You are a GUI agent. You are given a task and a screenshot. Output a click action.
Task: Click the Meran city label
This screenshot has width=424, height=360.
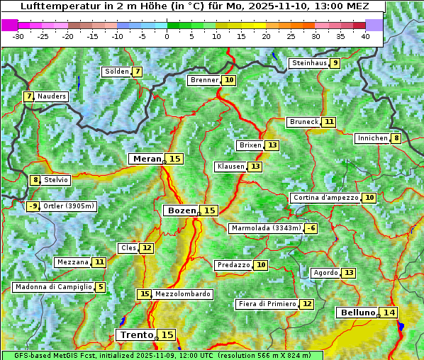tap(147, 159)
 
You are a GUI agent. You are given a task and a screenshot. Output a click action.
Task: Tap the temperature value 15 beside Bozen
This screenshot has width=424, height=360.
tap(209, 210)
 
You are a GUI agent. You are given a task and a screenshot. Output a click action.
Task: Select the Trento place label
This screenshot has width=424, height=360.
tap(136, 334)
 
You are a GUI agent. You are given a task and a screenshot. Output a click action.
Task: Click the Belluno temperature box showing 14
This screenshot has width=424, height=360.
tap(389, 313)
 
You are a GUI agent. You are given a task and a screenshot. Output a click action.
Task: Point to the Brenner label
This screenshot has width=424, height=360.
tap(204, 80)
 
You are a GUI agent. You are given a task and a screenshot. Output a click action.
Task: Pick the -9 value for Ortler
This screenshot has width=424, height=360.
tap(33, 206)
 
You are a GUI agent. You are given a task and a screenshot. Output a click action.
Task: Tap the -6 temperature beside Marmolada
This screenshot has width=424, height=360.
tap(311, 228)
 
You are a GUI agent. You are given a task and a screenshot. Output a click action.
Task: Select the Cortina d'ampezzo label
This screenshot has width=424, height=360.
tap(325, 198)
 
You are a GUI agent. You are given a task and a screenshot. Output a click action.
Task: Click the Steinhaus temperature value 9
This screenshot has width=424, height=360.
tap(335, 63)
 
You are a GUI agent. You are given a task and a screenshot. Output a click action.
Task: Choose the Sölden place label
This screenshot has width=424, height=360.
tap(116, 72)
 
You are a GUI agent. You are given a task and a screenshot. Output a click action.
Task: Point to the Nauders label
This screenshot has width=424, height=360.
tap(51, 96)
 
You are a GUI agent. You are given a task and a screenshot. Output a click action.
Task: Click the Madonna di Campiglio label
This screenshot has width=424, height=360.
tap(53, 287)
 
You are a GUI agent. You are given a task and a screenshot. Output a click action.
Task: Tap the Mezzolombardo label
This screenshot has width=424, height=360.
tap(182, 294)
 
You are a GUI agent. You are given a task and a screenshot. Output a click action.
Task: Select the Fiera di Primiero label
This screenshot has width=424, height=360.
tap(267, 304)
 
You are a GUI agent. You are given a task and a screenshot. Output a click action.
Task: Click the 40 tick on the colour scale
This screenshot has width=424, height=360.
tap(365, 36)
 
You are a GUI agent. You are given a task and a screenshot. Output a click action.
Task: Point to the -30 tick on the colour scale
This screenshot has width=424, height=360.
tap(18, 36)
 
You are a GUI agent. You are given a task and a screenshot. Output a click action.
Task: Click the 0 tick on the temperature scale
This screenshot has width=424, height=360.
tap(167, 36)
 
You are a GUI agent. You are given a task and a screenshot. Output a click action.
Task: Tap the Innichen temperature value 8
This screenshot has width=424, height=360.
tap(396, 138)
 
